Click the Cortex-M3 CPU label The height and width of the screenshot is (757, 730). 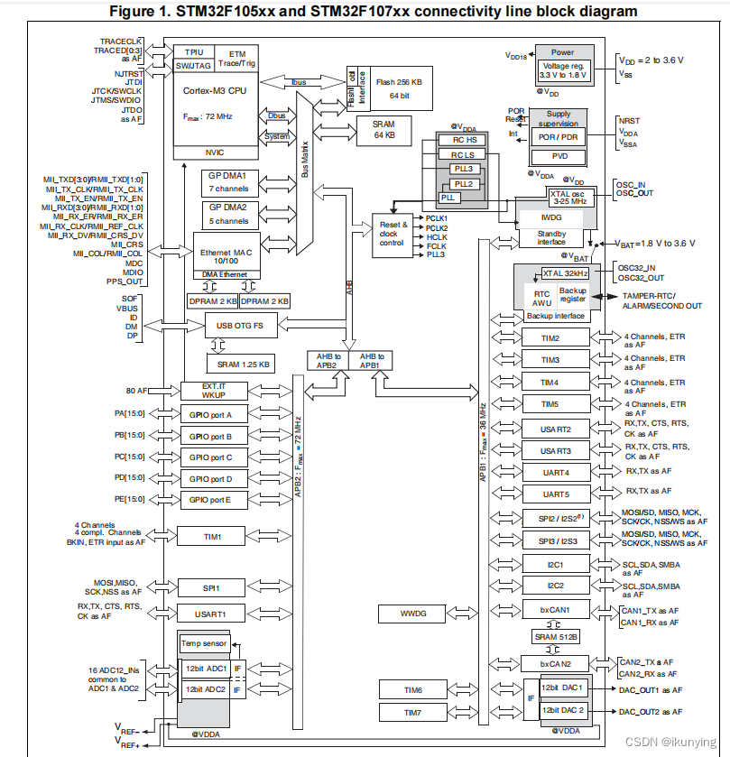click(x=214, y=90)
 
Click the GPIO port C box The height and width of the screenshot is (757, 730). click(x=209, y=457)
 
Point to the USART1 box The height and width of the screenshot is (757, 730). click(x=209, y=614)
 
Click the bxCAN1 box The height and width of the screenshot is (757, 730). click(x=556, y=610)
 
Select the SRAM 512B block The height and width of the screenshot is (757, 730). click(x=556, y=636)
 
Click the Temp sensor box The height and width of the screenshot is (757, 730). click(x=204, y=643)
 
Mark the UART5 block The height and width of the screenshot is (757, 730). click(x=556, y=494)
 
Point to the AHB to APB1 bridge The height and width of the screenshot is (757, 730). click(x=370, y=360)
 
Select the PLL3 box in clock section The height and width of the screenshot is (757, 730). click(x=463, y=168)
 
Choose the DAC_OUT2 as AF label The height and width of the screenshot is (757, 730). click(x=650, y=713)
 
